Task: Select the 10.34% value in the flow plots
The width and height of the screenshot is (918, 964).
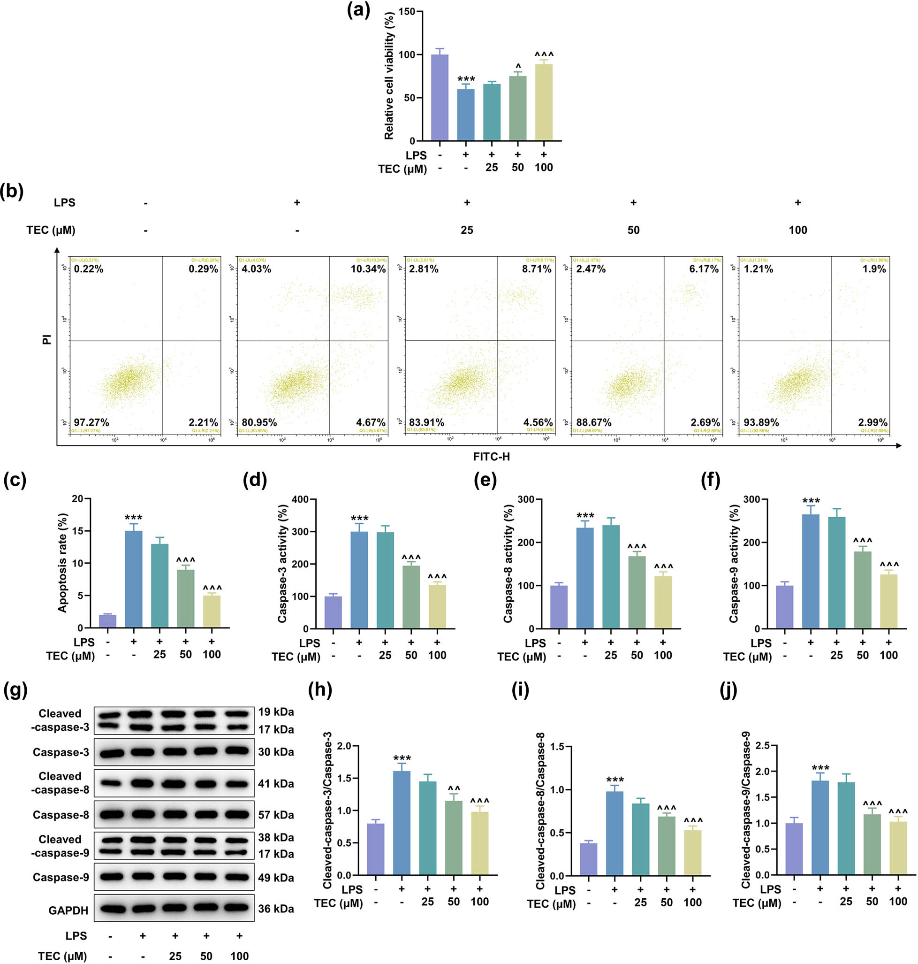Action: [x=367, y=269]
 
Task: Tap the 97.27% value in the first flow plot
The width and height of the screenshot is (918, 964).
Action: [x=91, y=422]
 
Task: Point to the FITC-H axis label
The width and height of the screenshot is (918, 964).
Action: [x=491, y=457]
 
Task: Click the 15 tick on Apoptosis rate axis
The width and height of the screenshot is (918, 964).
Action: [x=78, y=531]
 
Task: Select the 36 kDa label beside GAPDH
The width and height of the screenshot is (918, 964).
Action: [x=276, y=909]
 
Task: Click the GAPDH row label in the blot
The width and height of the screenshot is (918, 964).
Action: [x=68, y=910]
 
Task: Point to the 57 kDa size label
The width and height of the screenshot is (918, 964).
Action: [x=276, y=815]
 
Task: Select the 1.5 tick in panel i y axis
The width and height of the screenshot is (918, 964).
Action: [x=557, y=746]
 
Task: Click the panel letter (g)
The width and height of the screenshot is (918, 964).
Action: [x=15, y=690]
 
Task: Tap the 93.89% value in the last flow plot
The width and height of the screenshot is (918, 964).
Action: [x=761, y=422]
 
